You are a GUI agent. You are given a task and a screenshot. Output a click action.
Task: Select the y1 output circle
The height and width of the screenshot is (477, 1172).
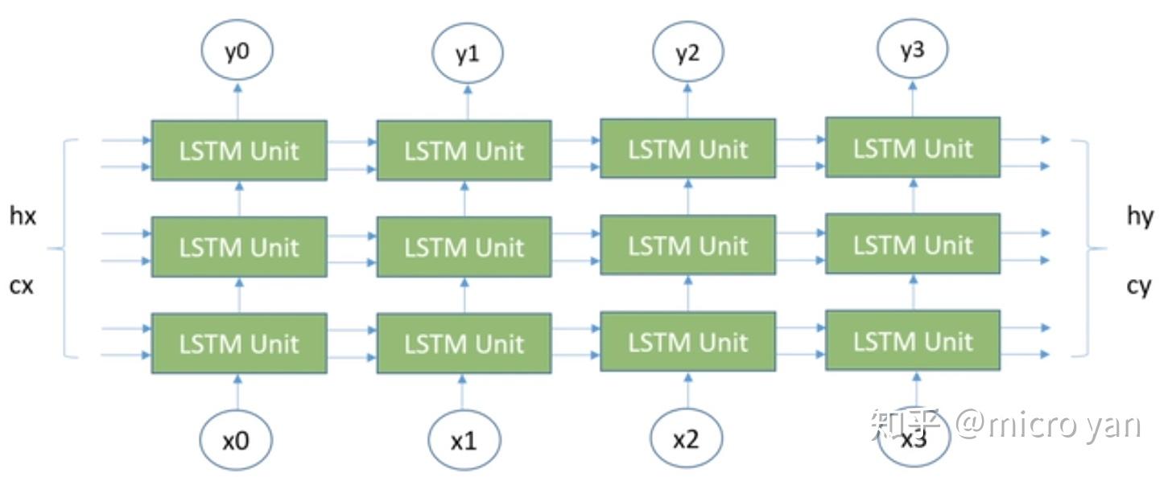(x=467, y=54)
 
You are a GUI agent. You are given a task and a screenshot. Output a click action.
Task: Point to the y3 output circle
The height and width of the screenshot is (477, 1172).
(x=912, y=51)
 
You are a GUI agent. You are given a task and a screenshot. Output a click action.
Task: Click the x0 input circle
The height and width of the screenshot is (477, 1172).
(x=236, y=440)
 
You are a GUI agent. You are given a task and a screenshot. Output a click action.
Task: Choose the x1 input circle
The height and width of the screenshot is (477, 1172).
(x=464, y=442)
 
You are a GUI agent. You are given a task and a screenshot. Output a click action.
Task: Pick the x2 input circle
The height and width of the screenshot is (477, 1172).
(x=686, y=440)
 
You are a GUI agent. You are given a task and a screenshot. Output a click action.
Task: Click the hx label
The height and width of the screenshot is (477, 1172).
(x=23, y=216)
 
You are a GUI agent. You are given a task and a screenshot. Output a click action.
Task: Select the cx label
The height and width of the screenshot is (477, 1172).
(x=22, y=285)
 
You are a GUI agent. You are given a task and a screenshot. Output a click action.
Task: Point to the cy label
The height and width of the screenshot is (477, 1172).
(x=1138, y=286)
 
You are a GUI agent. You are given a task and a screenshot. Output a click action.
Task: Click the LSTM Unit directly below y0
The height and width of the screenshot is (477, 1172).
(x=239, y=150)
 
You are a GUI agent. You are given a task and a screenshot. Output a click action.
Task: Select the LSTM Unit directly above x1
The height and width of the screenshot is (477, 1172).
(x=464, y=344)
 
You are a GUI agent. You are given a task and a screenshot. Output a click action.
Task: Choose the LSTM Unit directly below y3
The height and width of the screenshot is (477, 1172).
(x=913, y=148)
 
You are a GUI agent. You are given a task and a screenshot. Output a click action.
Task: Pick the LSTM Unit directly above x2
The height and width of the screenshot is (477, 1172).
(x=687, y=343)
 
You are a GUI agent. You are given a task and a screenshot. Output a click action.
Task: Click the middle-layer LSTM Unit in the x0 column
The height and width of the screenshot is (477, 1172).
(x=239, y=247)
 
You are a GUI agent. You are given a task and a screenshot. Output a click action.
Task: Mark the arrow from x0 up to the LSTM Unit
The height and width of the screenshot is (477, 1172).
(x=237, y=393)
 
